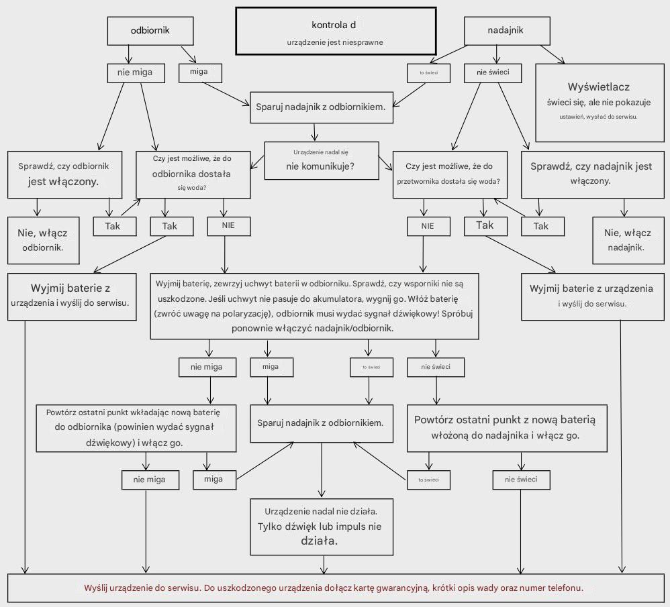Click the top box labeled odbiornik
click(150, 31)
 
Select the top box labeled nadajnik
click(507, 31)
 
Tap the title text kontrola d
click(334, 25)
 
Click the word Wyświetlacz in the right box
click(599, 87)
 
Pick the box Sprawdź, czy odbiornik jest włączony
click(64, 174)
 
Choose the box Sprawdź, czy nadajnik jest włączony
click(593, 174)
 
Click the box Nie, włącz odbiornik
click(43, 240)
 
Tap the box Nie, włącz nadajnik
click(628, 240)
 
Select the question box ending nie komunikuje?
click(322, 160)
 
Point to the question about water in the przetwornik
click(450, 174)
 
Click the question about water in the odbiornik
click(193, 174)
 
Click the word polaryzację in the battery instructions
click(246, 314)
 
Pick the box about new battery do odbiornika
click(136, 428)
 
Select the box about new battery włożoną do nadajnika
click(507, 428)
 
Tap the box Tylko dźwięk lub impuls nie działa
click(322, 527)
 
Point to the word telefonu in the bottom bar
click(565, 588)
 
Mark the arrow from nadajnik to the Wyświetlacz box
click(552, 54)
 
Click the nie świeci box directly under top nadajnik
click(493, 73)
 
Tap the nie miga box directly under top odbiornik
click(136, 73)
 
